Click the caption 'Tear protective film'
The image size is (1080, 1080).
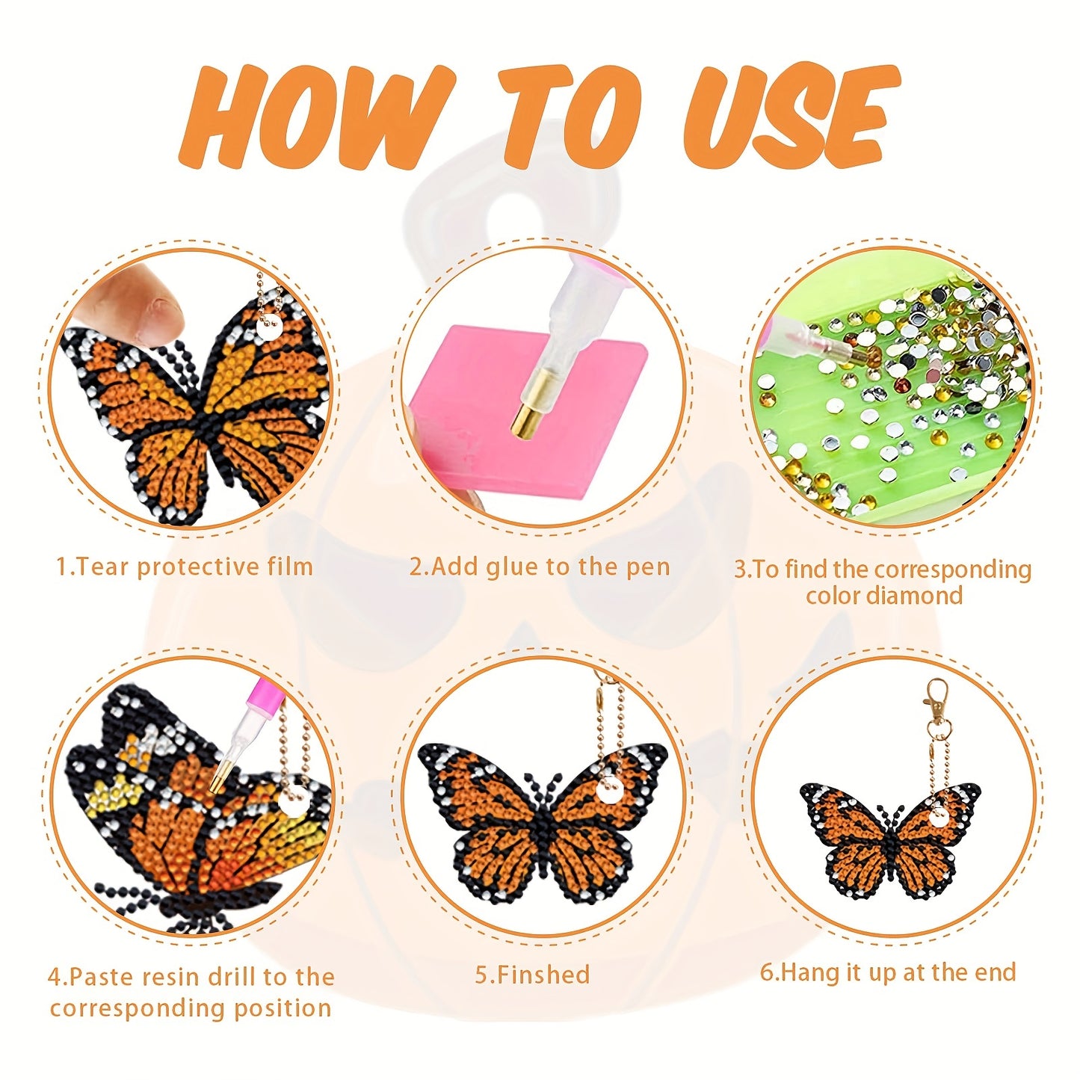coord(185,567)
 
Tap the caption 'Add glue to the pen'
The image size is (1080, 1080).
coord(540,567)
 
